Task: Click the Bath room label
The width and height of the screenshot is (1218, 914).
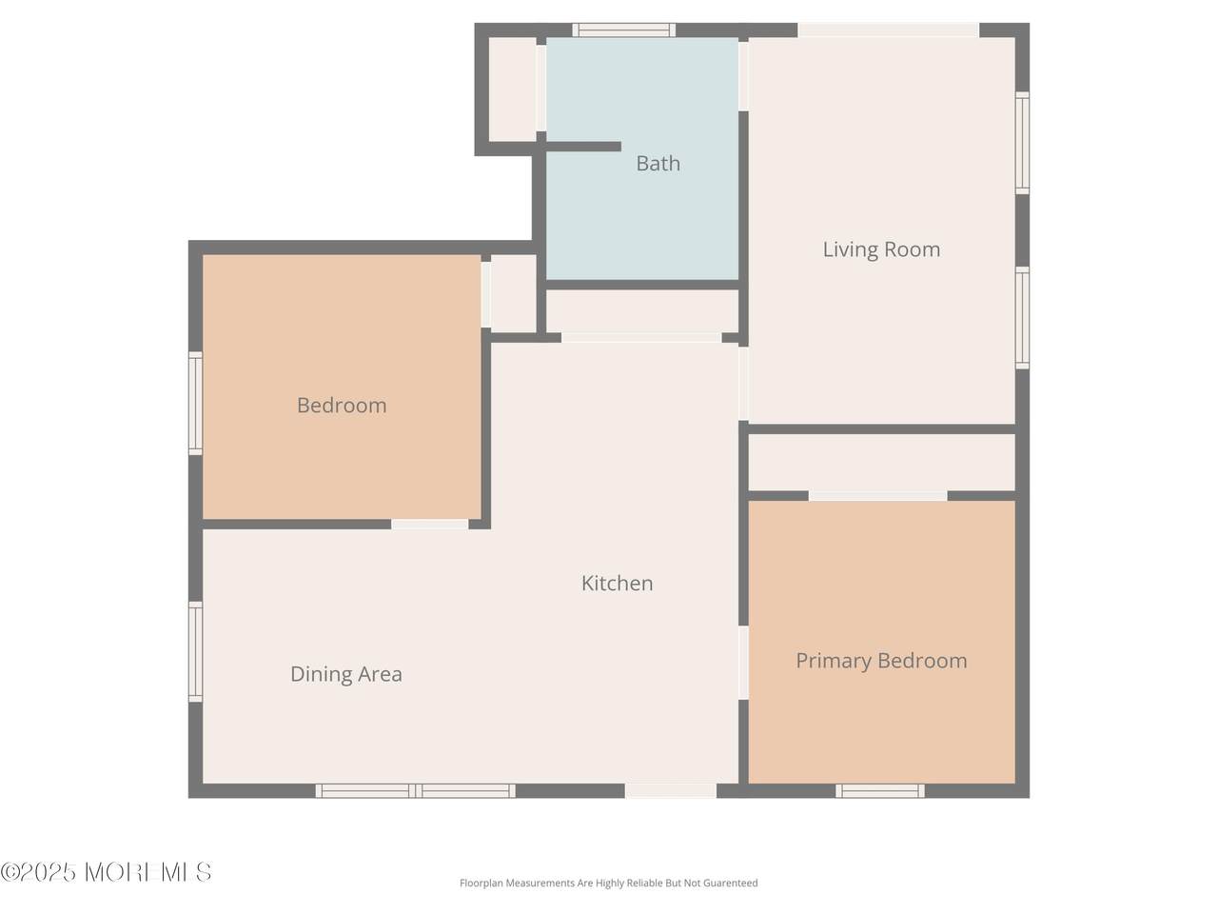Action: click(658, 164)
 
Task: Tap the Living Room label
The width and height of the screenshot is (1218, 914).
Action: click(881, 249)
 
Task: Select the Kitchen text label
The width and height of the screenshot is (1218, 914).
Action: click(617, 584)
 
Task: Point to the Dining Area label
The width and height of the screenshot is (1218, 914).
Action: click(346, 674)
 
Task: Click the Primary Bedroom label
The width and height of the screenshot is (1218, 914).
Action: click(881, 661)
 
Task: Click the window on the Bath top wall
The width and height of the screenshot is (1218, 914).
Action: click(623, 30)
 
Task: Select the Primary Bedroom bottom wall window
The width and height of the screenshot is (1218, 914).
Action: click(880, 791)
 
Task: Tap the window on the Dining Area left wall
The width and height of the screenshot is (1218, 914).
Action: click(195, 652)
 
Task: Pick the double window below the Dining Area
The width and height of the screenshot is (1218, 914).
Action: click(415, 791)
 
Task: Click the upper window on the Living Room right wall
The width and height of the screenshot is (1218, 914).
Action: click(1022, 143)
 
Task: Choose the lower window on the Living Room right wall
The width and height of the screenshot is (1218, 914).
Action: click(1022, 318)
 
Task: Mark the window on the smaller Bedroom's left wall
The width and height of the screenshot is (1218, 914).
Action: click(195, 404)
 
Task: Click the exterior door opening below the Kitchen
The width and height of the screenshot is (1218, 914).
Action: click(671, 791)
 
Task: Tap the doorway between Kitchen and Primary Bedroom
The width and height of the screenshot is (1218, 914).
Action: click(743, 663)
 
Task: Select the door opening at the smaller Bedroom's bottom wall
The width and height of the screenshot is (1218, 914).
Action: click(430, 525)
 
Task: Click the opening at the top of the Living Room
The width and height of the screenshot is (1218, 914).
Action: click(888, 30)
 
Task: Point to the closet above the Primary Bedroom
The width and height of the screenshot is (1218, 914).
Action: click(882, 463)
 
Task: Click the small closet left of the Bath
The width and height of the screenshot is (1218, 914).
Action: click(512, 89)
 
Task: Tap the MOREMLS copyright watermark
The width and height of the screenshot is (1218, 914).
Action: click(106, 872)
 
